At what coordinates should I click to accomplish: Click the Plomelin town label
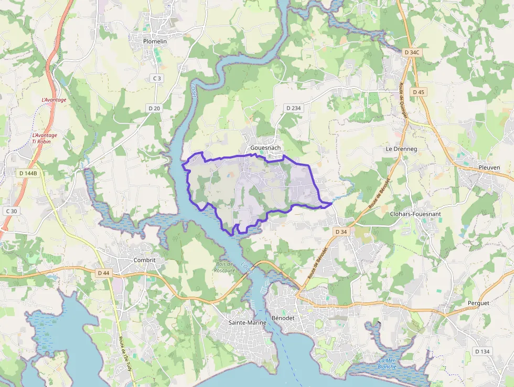click(x=155, y=41)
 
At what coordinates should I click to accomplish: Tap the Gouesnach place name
click(x=264, y=148)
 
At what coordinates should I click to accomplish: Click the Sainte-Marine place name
click(x=247, y=322)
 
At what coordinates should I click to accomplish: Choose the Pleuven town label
click(x=489, y=168)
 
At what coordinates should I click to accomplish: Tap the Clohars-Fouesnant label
click(x=415, y=214)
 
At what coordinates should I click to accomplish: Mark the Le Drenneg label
click(x=401, y=149)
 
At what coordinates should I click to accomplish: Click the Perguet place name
click(x=478, y=303)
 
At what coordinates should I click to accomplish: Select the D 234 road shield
click(x=293, y=108)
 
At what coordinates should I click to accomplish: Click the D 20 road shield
click(x=154, y=108)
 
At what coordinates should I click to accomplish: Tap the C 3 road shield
click(x=156, y=78)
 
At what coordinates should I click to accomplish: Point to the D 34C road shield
click(x=412, y=53)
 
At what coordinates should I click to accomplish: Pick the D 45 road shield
click(x=419, y=92)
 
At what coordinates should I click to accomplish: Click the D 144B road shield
click(x=28, y=173)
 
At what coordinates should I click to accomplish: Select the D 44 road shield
click(x=103, y=273)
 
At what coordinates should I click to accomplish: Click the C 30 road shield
click(x=11, y=211)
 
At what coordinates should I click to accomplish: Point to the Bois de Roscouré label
click(x=224, y=267)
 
